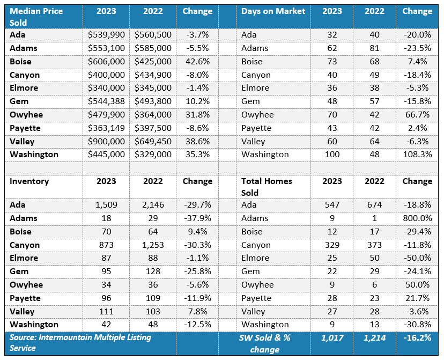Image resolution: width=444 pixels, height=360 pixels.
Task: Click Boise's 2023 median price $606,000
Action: (x=106, y=62)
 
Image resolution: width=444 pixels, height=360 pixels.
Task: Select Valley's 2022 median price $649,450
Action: (x=153, y=141)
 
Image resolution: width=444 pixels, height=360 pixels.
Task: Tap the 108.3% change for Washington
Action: (x=417, y=155)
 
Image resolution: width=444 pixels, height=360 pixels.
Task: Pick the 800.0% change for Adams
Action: (x=417, y=218)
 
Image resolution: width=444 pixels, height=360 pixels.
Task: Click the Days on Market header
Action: (x=273, y=11)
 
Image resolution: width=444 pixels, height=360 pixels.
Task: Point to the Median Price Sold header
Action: (x=36, y=17)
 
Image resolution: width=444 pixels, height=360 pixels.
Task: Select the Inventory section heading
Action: (x=29, y=181)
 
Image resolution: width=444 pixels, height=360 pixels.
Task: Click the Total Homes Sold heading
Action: (x=267, y=187)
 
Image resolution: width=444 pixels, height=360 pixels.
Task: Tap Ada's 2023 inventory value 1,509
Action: (x=106, y=205)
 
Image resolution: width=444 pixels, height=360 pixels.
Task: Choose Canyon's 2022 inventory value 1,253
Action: (x=153, y=245)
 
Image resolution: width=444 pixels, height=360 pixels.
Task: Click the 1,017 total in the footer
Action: (x=332, y=337)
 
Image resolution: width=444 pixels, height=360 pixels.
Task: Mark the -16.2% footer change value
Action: (x=417, y=337)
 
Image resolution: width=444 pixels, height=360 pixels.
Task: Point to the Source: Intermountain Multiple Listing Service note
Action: (x=80, y=343)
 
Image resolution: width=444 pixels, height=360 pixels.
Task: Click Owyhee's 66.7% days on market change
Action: (x=417, y=115)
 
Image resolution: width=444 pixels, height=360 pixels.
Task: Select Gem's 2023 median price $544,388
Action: (x=106, y=101)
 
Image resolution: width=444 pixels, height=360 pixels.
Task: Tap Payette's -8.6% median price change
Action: (x=197, y=128)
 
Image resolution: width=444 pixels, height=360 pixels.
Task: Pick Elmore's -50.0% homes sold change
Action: (x=417, y=258)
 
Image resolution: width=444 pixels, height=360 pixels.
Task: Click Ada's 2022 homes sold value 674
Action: (x=374, y=205)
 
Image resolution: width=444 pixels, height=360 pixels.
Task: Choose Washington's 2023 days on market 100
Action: (x=332, y=155)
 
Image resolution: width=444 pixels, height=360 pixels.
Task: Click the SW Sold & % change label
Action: (x=265, y=343)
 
